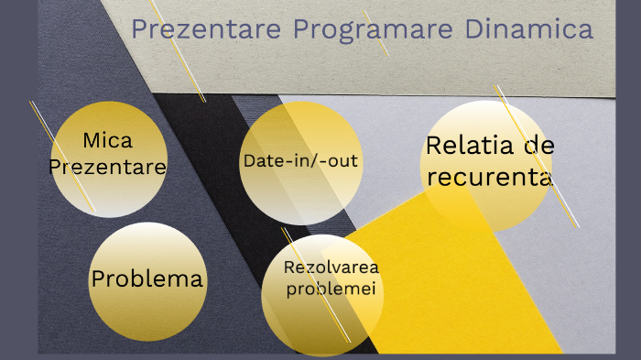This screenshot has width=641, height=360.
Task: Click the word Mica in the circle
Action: (108, 141)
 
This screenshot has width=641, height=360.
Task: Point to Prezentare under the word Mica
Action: (108, 167)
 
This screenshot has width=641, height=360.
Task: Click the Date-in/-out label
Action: (300, 160)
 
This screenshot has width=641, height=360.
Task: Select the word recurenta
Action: (490, 177)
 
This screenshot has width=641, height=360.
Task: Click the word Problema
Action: (147, 278)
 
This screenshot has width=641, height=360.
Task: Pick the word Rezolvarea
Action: (331, 267)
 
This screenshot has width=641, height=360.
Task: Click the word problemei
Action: (331, 289)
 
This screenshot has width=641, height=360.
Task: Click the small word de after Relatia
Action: (540, 146)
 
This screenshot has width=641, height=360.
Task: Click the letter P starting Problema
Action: (97, 278)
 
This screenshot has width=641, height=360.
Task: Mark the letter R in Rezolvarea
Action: (290, 267)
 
